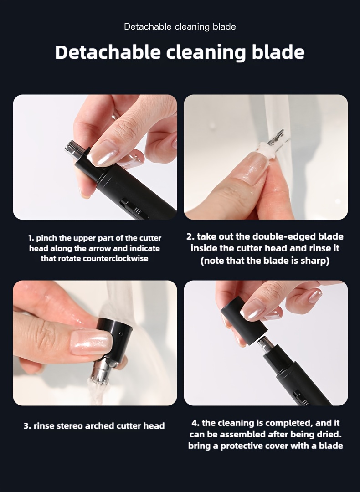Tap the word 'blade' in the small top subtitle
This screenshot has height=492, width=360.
(224, 27)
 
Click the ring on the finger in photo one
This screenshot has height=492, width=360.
(115, 116)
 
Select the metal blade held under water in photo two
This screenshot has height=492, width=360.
(276, 138)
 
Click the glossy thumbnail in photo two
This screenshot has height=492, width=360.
(252, 166)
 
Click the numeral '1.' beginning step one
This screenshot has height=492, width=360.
(31, 238)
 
